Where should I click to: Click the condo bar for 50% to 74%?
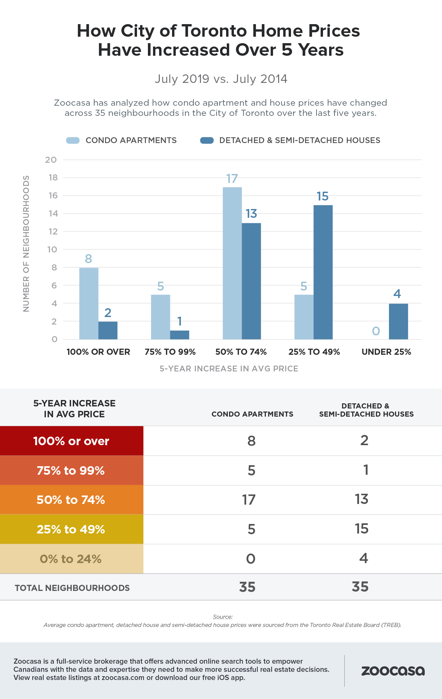pos(232,263)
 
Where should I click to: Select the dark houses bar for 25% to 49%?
pos(323,272)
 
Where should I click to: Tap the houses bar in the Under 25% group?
pos(398,321)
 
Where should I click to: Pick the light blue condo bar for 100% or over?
pos(89,303)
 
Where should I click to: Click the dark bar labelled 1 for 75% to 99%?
pos(180,335)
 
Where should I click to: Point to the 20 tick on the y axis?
pos(51,160)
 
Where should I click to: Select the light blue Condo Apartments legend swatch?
pos(73,140)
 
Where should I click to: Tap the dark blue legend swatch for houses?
pos(207,140)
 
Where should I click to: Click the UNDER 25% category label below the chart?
pos(386,352)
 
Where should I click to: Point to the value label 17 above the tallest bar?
pos(232,179)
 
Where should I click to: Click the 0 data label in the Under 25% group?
pos(376,331)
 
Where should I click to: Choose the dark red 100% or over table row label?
pos(71,441)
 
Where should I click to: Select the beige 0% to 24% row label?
pos(71,559)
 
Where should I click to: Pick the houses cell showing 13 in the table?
pos(361,499)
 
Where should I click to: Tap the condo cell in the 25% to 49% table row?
pos(251,529)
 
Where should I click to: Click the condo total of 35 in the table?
pos(247,587)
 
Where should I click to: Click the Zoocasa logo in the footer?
pos(393,671)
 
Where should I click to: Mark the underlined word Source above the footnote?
pos(223,617)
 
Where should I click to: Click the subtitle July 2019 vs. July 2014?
pos(221,79)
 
